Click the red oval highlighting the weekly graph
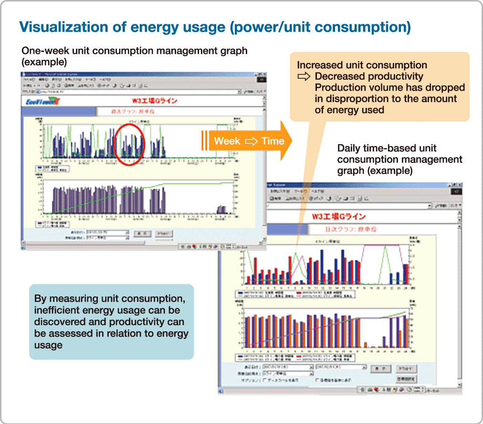coord(130,144)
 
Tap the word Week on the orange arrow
coord(227,141)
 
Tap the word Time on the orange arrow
coord(273,141)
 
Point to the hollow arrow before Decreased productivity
coord(304,76)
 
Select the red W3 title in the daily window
coord(338,217)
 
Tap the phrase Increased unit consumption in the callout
coord(362,65)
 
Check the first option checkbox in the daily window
coord(265,380)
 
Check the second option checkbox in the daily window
coord(317,380)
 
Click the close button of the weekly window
coord(263,75)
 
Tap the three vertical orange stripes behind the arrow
coord(204,141)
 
